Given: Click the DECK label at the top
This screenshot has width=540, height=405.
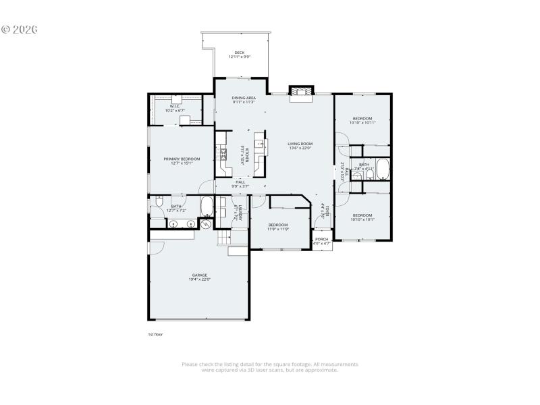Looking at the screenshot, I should pyautogui.click(x=239, y=52).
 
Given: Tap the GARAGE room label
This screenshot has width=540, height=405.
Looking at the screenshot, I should pyautogui.click(x=199, y=275).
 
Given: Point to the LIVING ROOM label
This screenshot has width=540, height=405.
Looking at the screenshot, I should pyautogui.click(x=300, y=143).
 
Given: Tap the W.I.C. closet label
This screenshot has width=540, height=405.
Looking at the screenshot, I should pyautogui.click(x=174, y=106).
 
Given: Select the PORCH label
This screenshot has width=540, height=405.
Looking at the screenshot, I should pyautogui.click(x=322, y=239).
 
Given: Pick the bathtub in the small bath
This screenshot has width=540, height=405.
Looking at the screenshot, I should pyautogui.click(x=383, y=169).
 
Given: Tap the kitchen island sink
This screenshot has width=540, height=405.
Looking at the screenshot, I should pyautogui.click(x=259, y=144).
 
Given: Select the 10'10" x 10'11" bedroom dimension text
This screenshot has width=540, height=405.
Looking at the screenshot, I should pyautogui.click(x=362, y=123).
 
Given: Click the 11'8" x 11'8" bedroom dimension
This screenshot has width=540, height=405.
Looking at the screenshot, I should pyautogui.click(x=278, y=229).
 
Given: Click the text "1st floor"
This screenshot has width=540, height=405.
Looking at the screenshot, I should pyautogui.click(x=155, y=334).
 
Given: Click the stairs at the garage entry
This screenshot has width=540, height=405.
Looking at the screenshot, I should pyautogui.click(x=223, y=239).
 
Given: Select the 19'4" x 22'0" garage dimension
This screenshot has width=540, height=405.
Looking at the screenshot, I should pyautogui.click(x=199, y=279).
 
